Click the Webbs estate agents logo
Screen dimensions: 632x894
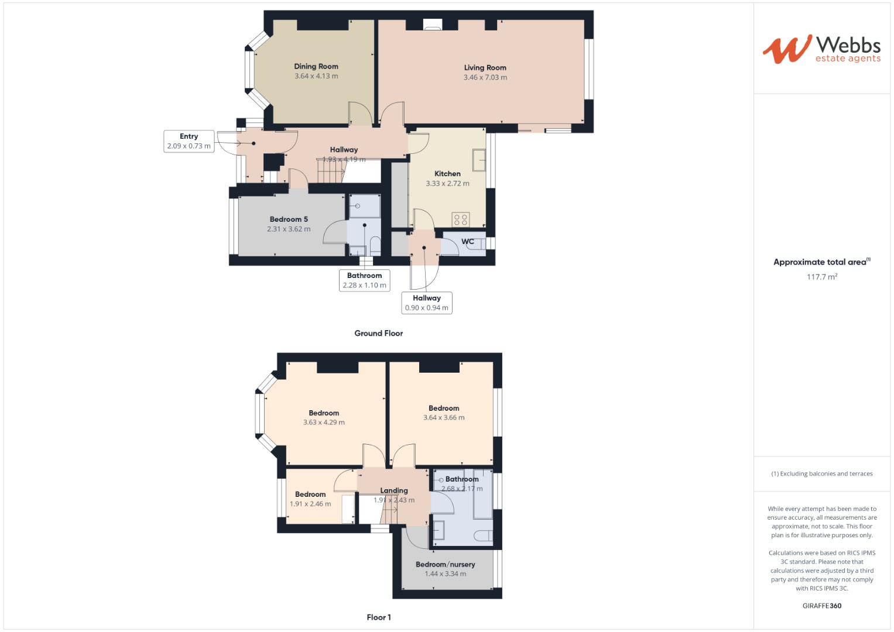821,49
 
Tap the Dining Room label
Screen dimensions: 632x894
316,67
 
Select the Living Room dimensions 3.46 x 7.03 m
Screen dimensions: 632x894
485,77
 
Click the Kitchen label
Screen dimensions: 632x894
447,174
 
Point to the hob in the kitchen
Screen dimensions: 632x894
460,219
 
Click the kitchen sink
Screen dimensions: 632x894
479,160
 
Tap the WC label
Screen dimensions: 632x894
467,242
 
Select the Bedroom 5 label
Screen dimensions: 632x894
289,219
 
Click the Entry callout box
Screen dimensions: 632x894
189,141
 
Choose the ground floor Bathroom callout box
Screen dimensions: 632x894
364,280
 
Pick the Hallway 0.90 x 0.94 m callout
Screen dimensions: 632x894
426,303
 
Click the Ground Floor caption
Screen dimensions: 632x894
378,334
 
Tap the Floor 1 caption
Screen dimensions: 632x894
378,617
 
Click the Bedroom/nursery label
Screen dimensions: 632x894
445,565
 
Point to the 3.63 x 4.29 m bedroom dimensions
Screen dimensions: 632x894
324,423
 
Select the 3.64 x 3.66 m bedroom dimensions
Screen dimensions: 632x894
444,418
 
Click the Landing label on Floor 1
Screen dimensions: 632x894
394,491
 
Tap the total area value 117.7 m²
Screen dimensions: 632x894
821,277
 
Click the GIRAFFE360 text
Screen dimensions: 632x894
821,606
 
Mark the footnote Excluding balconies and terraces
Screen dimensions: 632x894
821,474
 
